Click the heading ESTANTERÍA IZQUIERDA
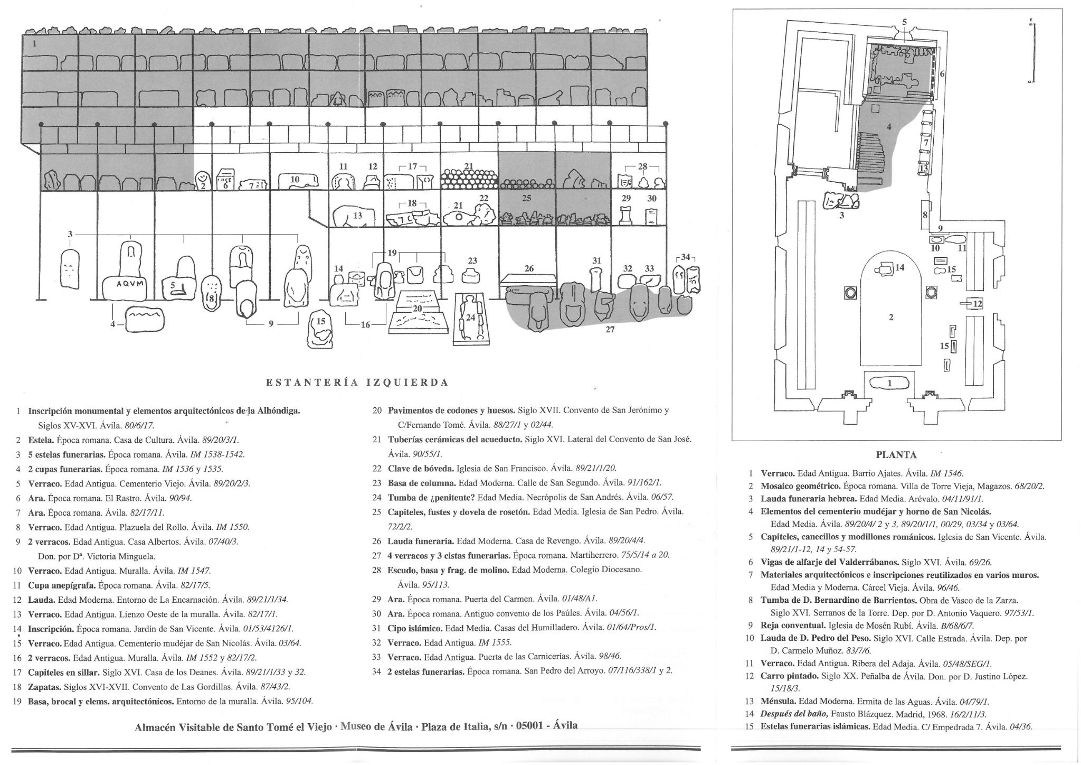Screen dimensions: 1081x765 (x=357, y=382)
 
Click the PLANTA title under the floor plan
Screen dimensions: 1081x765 (x=896, y=455)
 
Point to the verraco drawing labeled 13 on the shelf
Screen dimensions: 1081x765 (x=353, y=217)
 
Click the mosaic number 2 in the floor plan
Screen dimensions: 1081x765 (x=891, y=318)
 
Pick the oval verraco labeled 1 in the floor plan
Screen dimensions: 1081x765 (x=889, y=382)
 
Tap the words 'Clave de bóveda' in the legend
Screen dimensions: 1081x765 (x=421, y=468)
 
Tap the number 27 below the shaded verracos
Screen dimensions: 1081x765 (x=610, y=330)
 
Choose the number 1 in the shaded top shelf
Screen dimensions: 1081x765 (x=34, y=44)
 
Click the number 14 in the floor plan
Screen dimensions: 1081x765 (x=899, y=268)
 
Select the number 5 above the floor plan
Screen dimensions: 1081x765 (x=904, y=22)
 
